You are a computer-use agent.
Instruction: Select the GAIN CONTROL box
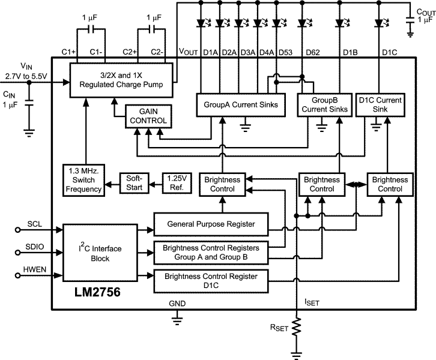pos(147,116)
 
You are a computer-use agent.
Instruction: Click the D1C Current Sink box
pos(379,104)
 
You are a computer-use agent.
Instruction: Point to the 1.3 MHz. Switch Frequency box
pos(85,178)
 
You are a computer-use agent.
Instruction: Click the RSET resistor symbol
pos(296,328)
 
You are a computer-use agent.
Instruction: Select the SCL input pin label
pos(34,224)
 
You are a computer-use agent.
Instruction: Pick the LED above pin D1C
pos(379,23)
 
